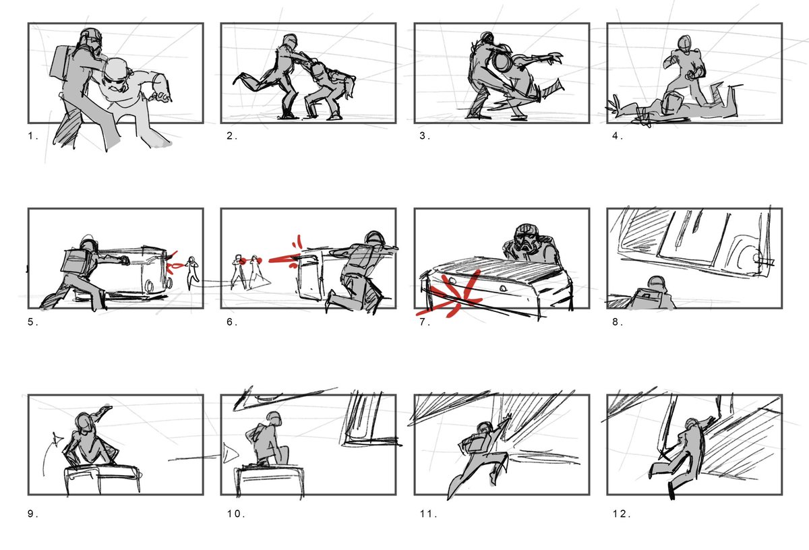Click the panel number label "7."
pyautogui.click(x=423, y=322)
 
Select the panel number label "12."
pyautogui.click(x=620, y=514)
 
